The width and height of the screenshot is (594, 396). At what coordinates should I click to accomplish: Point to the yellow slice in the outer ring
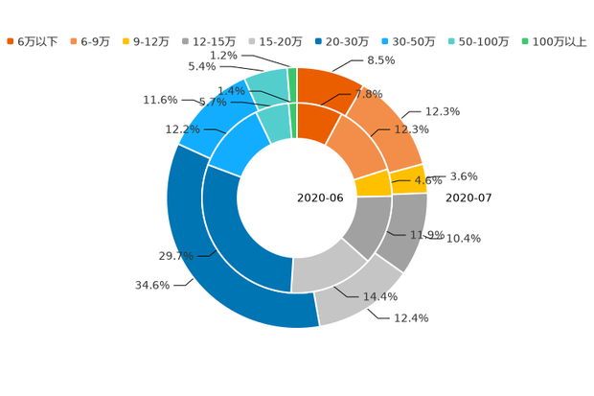pyautogui.click(x=409, y=178)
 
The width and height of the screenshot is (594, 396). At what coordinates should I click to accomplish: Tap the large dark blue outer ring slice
pyautogui.click(x=206, y=268)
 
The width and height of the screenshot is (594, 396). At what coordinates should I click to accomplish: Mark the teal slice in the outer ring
pyautogui.click(x=268, y=85)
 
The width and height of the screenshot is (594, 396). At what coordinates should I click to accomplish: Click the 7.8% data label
pyautogui.click(x=369, y=94)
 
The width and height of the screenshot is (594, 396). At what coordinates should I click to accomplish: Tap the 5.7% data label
pyautogui.click(x=212, y=101)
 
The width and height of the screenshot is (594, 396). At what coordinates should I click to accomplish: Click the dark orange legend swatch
pyautogui.click(x=11, y=41)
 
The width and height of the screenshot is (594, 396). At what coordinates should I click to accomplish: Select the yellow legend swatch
pyautogui.click(x=126, y=41)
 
